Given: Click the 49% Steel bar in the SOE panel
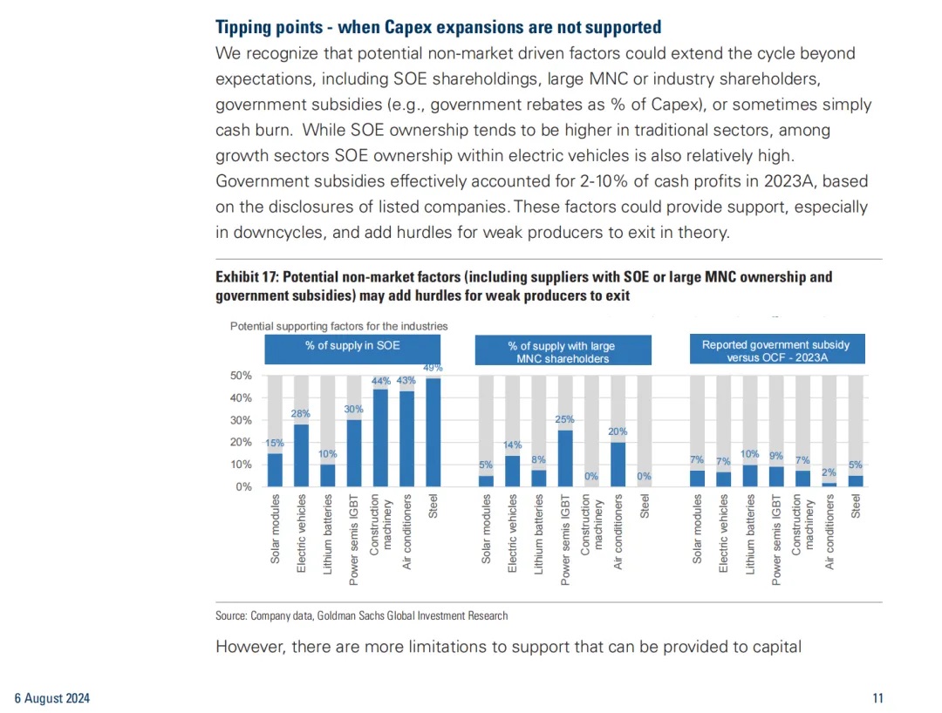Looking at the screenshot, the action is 433,432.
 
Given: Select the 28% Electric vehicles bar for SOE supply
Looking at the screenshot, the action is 301,456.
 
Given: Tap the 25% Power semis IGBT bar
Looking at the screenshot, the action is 565,458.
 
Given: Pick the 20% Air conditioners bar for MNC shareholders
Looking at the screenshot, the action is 618,465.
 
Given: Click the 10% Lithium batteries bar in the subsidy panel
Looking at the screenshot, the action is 750,476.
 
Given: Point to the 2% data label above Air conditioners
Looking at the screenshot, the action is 829,473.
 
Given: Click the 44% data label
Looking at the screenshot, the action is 381,381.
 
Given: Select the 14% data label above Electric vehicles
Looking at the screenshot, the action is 513,445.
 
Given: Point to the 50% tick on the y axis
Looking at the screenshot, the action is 241,376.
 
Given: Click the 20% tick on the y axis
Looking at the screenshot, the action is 241,442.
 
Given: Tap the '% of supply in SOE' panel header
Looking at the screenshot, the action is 352,350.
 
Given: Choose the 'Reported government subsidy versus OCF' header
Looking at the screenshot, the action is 777,350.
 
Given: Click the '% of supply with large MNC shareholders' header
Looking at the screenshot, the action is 563,350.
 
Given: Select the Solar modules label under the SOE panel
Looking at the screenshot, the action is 275,529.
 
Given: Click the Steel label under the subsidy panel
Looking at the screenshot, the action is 857,506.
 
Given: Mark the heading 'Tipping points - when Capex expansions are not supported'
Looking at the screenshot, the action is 439,28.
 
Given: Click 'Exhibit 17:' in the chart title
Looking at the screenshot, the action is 247,277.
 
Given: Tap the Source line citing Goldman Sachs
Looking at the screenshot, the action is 362,615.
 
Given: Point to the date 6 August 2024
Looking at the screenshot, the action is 52,698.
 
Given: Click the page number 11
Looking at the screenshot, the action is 877,698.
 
